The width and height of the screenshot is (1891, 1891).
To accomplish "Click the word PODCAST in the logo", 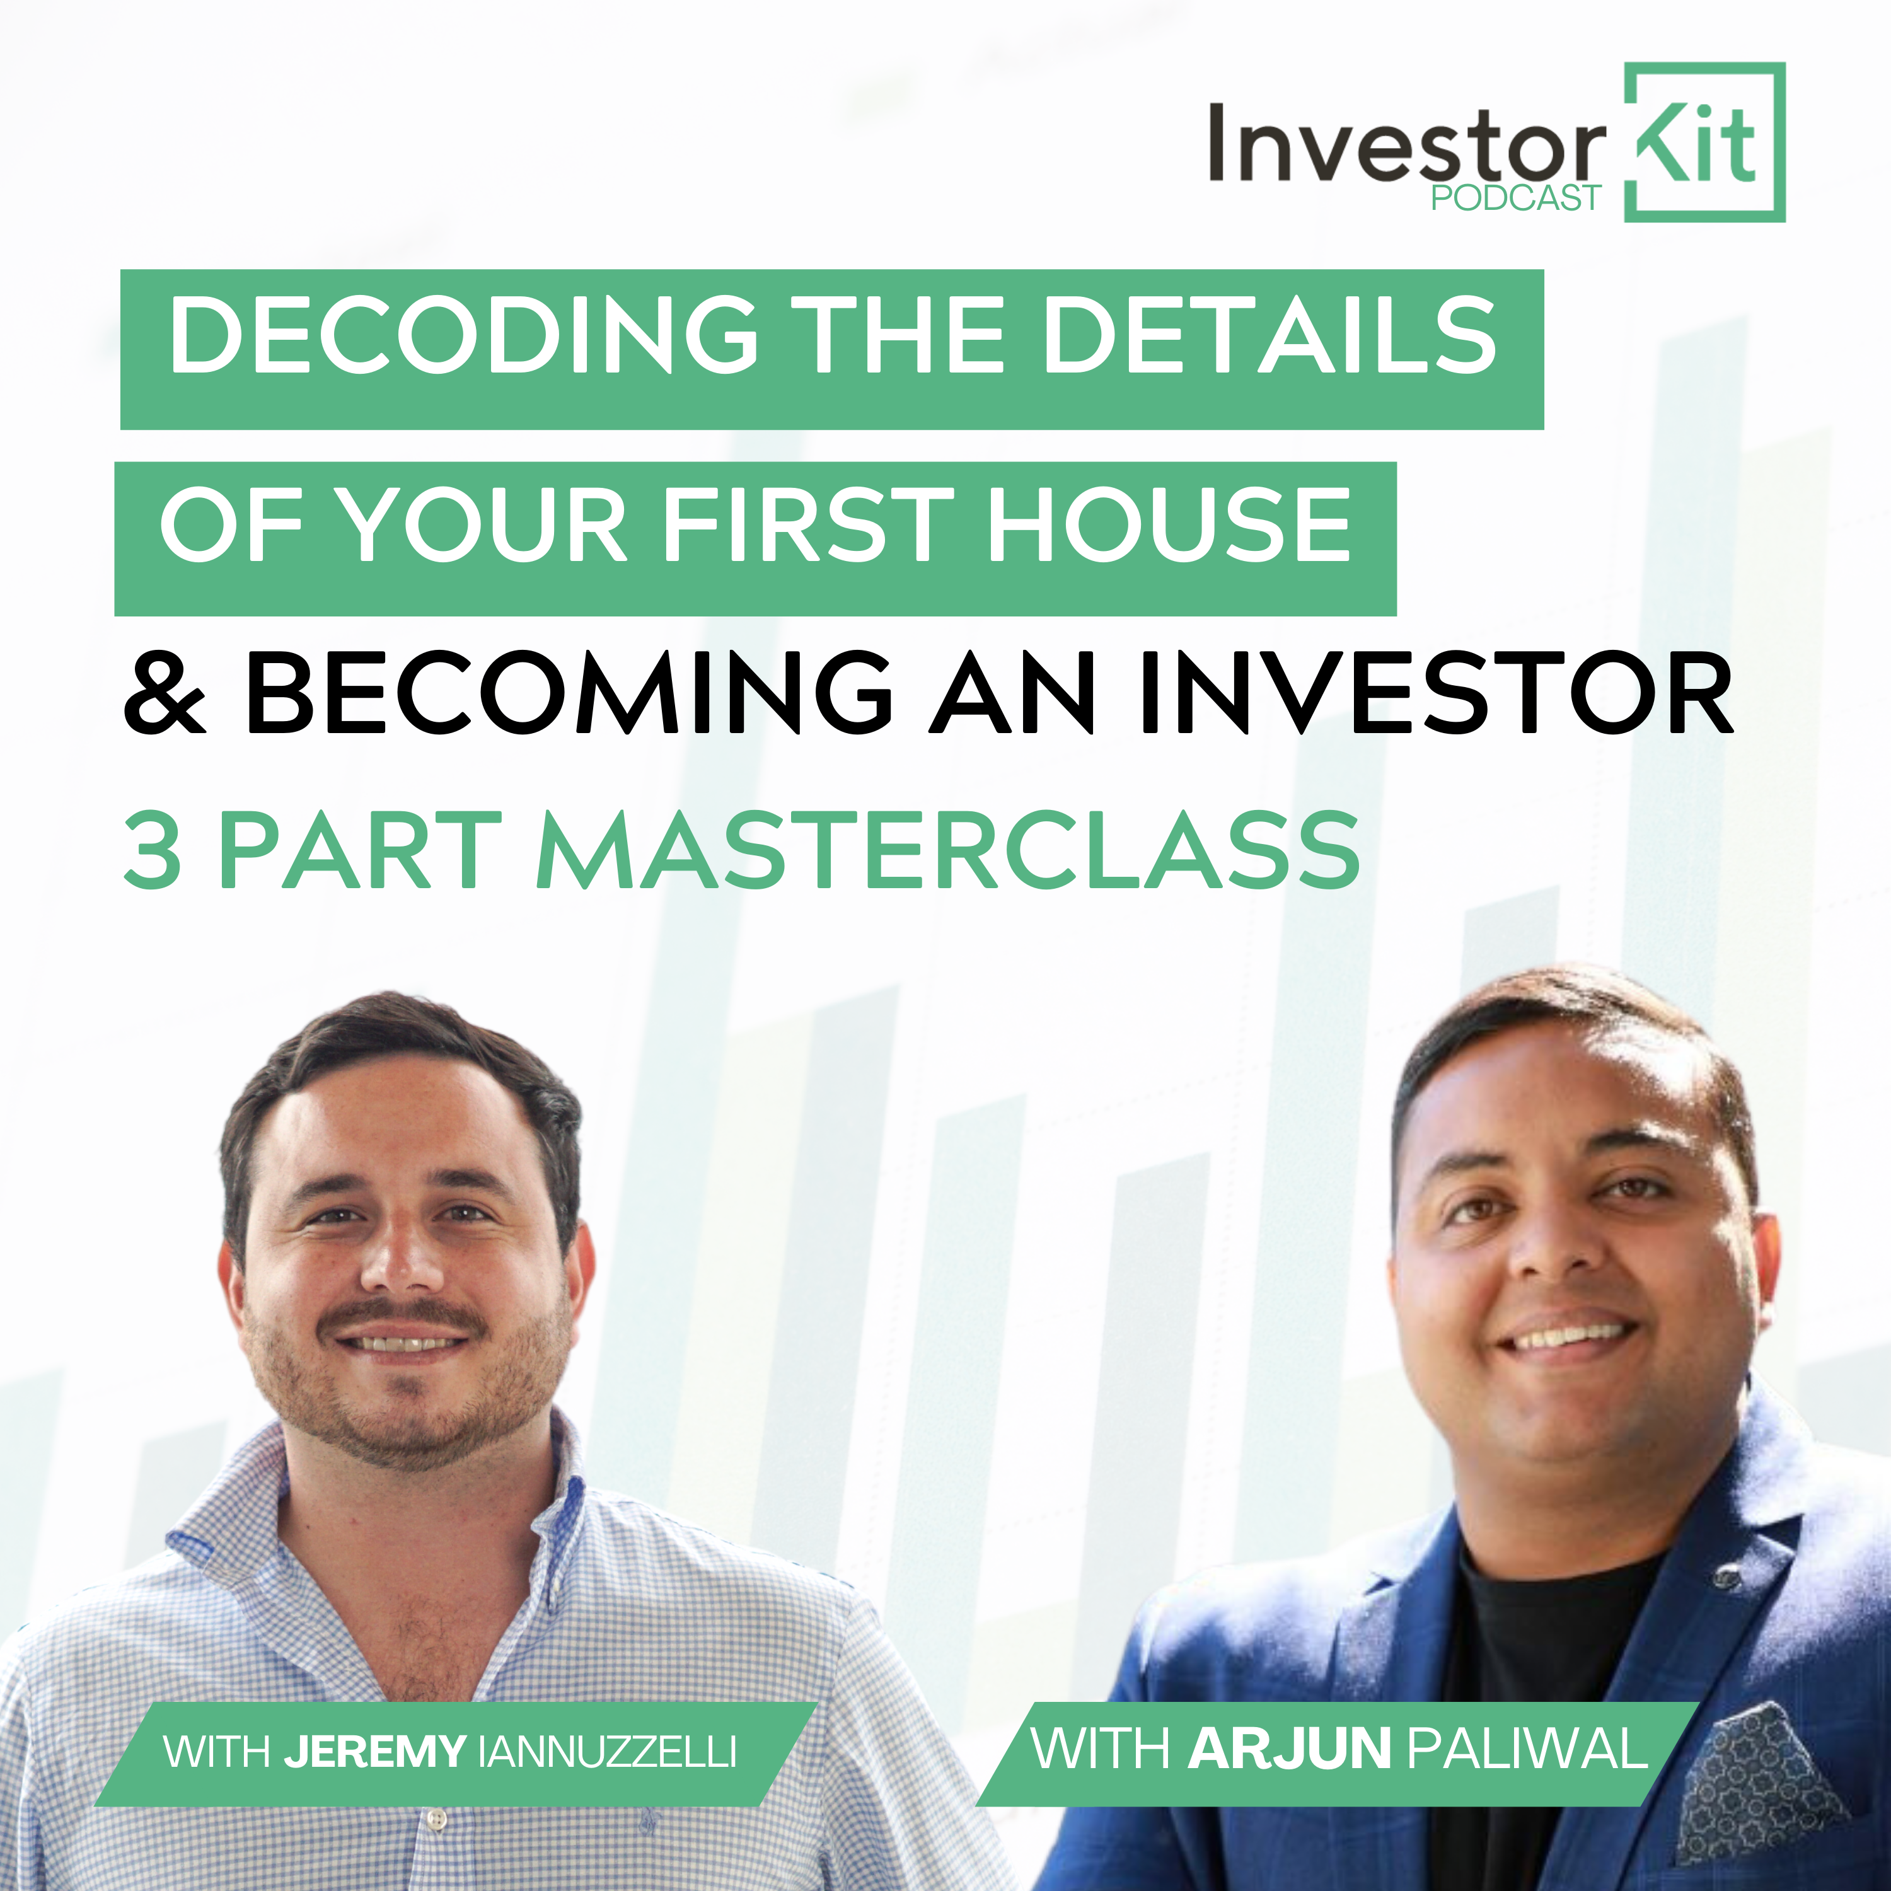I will click(1515, 198).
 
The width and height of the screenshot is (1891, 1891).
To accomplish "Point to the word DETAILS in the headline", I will click(1271, 335).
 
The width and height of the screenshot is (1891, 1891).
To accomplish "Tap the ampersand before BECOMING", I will click(165, 693).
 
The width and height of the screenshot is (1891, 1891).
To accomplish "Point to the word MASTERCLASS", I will click(947, 850).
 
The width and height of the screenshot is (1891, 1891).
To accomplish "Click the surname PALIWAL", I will click(1527, 1748).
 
